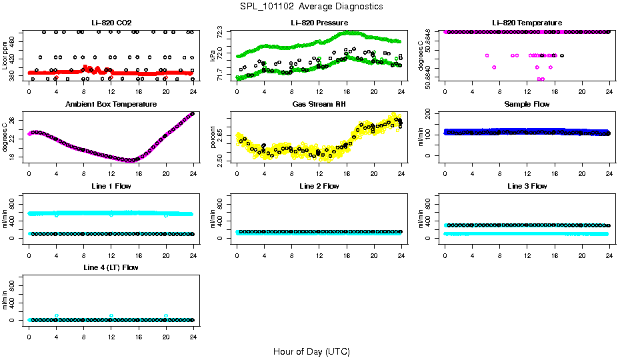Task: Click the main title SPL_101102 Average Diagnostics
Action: click(312, 6)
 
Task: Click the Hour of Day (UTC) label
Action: click(311, 351)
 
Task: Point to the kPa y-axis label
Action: click(213, 57)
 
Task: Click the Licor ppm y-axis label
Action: click(5, 56)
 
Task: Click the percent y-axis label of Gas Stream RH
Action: click(213, 137)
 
